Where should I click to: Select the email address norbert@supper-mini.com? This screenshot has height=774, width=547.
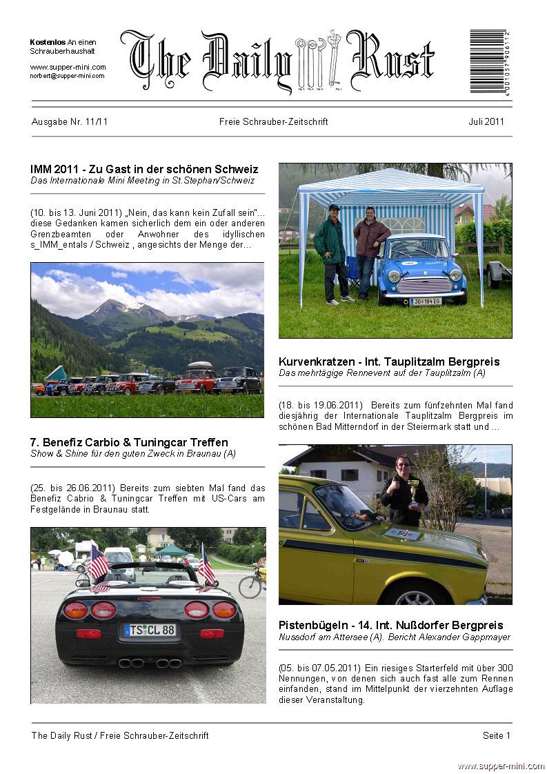coord(67,76)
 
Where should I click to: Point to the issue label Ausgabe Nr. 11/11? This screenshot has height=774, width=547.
coord(70,122)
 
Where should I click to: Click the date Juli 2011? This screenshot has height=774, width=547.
coord(486,122)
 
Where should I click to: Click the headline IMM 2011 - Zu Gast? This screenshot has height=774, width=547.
coord(144,169)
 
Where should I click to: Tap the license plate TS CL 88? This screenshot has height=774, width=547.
coord(150,630)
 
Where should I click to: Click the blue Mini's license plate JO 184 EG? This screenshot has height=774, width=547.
coord(426,301)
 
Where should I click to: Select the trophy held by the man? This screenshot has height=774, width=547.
coord(413,492)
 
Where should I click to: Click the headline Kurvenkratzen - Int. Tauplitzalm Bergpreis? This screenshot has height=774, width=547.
coord(389,361)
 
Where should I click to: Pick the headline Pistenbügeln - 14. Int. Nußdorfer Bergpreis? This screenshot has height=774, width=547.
coord(390,625)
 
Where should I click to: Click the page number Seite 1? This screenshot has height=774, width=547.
coord(497,735)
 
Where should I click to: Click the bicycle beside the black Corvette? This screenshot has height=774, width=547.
coord(250,583)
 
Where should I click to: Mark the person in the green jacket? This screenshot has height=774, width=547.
coord(330,252)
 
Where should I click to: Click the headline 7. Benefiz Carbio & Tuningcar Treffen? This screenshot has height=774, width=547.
coord(129,442)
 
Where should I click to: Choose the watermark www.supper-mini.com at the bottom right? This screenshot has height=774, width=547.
coord(501,766)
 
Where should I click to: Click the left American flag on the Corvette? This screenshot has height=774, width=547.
coord(97,562)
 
